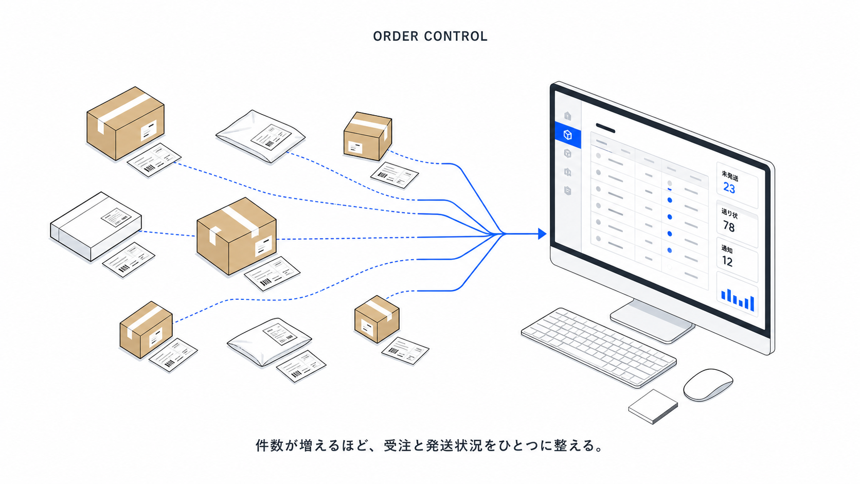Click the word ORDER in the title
point(396,37)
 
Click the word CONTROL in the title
point(456,37)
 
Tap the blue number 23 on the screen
point(729,188)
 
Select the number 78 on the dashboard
point(729,226)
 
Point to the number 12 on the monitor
point(727,261)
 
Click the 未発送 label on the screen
point(729,176)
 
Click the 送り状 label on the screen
point(729,213)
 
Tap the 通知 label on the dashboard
point(727,249)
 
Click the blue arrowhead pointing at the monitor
point(542,234)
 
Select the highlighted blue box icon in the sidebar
point(567,135)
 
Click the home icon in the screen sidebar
point(567,116)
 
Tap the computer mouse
point(708,385)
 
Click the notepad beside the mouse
point(653,406)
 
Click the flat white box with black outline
point(96,226)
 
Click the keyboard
point(598,347)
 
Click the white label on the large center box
point(263,246)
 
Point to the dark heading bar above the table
point(605,128)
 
